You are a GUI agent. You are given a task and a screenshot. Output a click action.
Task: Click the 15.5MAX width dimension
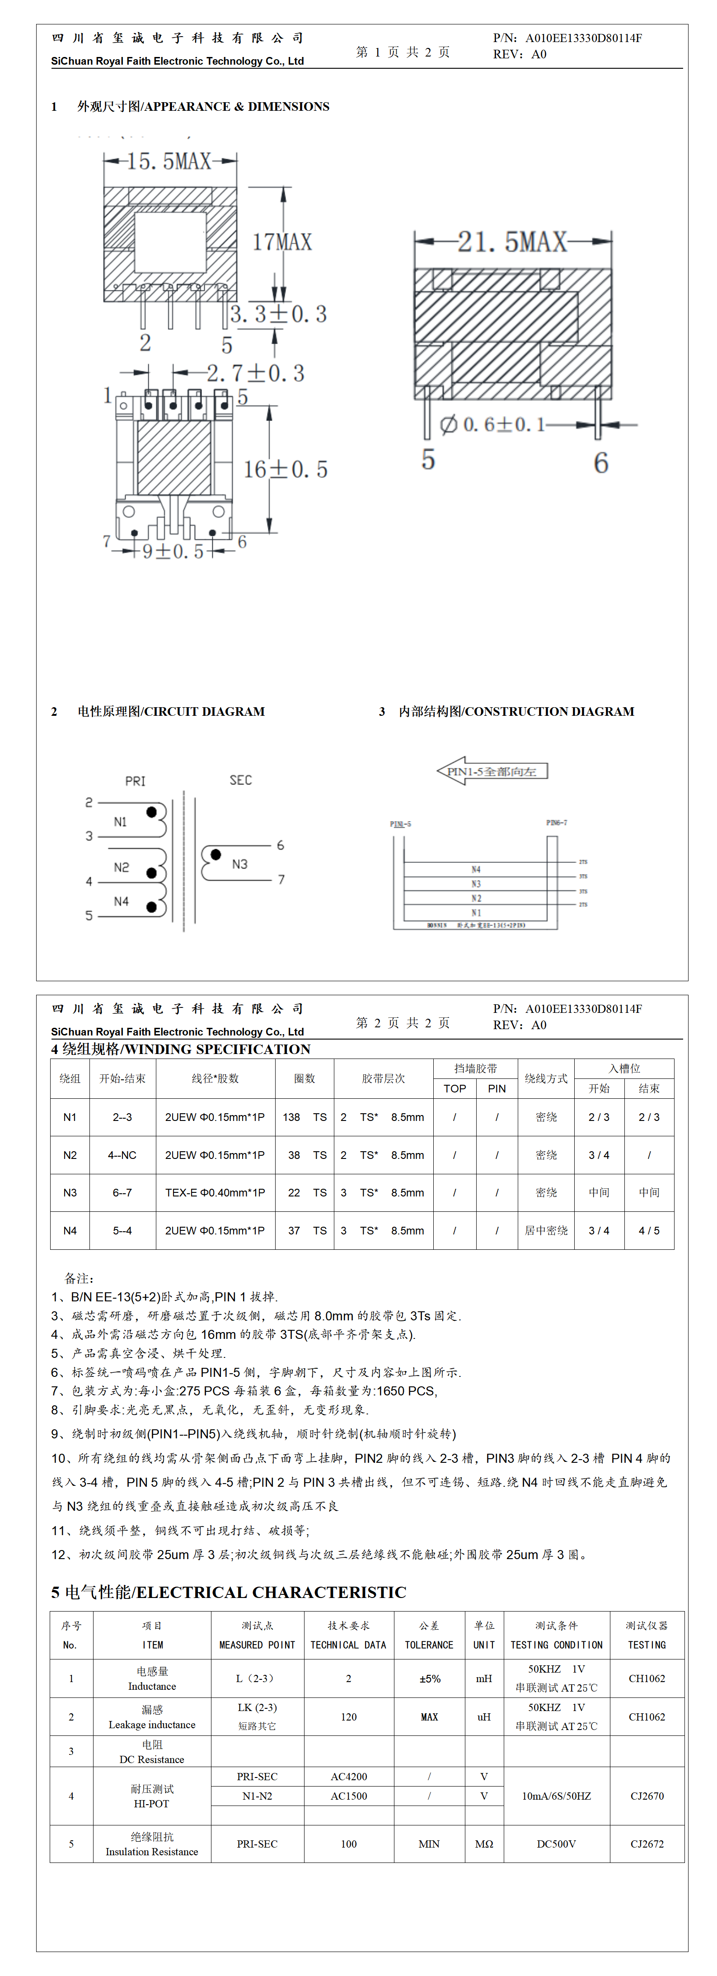169,161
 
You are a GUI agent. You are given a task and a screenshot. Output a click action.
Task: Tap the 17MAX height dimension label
282,242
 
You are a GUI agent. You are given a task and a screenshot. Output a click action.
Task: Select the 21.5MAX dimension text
512,242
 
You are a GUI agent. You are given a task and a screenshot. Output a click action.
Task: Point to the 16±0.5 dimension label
285,469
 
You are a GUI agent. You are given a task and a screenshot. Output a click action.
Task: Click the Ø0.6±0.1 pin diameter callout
492,424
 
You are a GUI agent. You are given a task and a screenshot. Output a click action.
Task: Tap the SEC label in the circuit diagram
240,780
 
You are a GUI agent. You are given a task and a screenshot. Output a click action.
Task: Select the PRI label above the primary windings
135,781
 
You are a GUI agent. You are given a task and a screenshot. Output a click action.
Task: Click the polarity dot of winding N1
152,812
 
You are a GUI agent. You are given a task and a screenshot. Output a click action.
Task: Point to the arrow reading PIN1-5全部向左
492,771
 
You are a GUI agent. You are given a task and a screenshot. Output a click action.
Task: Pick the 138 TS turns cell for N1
305,1117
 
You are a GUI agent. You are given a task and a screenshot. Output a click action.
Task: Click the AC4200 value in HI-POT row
349,1777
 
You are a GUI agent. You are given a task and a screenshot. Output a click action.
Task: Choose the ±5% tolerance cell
430,1678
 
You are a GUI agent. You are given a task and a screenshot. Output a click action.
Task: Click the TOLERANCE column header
430,1645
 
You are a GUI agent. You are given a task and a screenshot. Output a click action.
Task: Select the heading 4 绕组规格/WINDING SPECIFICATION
181,1049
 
